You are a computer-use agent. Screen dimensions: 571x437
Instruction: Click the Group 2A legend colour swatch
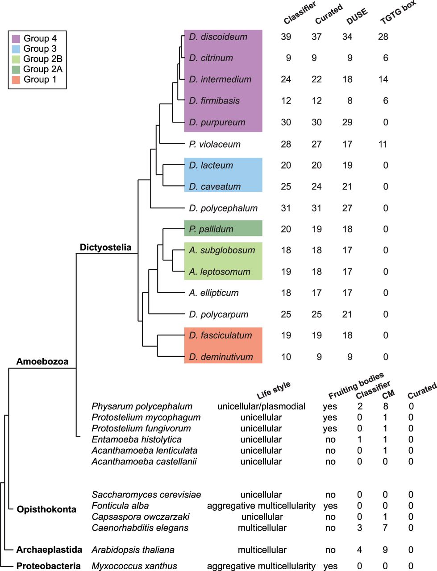[x=16, y=69]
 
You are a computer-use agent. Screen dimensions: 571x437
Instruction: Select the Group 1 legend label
[x=40, y=79]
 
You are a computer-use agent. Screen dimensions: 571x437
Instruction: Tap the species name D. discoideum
[x=218, y=37]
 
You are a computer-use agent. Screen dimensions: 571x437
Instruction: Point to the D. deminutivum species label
[x=221, y=357]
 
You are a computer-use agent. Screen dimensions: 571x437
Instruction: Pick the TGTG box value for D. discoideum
[x=383, y=37]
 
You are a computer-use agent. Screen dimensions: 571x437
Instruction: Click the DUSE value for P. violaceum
[x=347, y=144]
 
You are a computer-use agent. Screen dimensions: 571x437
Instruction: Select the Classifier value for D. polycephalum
[x=286, y=208]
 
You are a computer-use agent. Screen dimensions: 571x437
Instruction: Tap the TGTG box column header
[x=398, y=12]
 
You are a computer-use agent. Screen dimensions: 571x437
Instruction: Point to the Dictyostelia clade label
[x=105, y=247]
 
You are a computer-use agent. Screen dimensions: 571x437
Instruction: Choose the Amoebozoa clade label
[x=42, y=361]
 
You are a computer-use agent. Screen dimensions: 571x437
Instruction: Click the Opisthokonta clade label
[x=46, y=509]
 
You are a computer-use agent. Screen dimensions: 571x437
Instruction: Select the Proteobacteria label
[x=48, y=566]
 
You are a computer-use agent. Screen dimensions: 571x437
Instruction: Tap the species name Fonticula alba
[x=120, y=505]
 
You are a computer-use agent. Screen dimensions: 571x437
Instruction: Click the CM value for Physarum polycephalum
[x=386, y=406]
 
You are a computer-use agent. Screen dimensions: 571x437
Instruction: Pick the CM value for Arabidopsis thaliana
[x=385, y=550]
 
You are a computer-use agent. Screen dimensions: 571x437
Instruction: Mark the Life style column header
[x=273, y=390]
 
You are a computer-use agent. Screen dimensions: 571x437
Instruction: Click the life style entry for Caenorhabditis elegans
[x=262, y=528]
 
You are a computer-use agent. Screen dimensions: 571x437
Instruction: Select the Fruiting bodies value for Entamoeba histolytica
[x=330, y=439]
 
